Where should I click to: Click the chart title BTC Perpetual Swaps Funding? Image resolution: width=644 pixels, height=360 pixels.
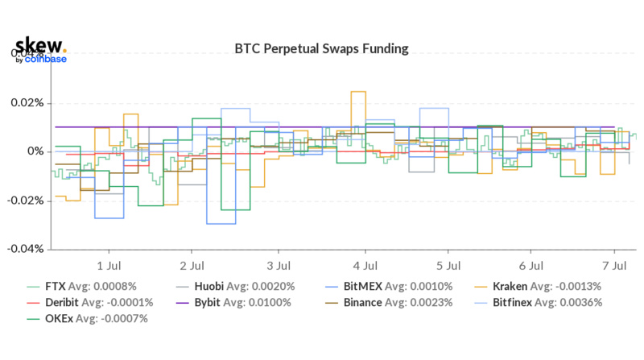click(x=321, y=49)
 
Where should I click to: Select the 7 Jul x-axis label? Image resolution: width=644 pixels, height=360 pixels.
click(x=614, y=264)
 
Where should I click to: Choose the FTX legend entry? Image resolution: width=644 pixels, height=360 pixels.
click(x=90, y=286)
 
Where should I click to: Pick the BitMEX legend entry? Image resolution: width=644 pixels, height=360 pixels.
click(x=383, y=286)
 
